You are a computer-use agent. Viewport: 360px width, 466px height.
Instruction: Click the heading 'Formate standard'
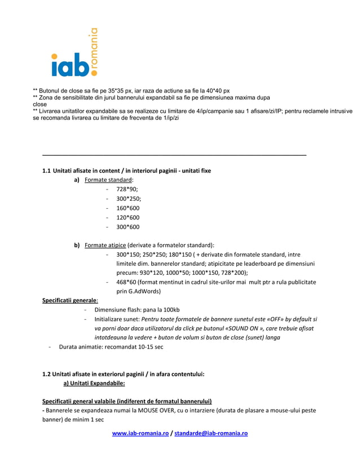coord(104,179)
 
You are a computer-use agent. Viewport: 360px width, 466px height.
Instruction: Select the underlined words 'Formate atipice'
coord(104,245)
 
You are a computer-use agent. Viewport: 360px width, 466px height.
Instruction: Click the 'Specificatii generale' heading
coord(66,300)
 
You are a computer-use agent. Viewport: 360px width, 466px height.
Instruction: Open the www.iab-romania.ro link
coord(141,433)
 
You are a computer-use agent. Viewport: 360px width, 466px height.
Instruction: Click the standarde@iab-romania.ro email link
coord(211,433)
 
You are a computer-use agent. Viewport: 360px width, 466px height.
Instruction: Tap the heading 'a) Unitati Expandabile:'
coord(90,383)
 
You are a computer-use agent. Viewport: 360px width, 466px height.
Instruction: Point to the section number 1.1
coord(47,170)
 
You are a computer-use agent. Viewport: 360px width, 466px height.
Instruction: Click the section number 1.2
coord(47,373)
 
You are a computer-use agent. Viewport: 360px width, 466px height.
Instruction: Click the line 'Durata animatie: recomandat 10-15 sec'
coord(111,346)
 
